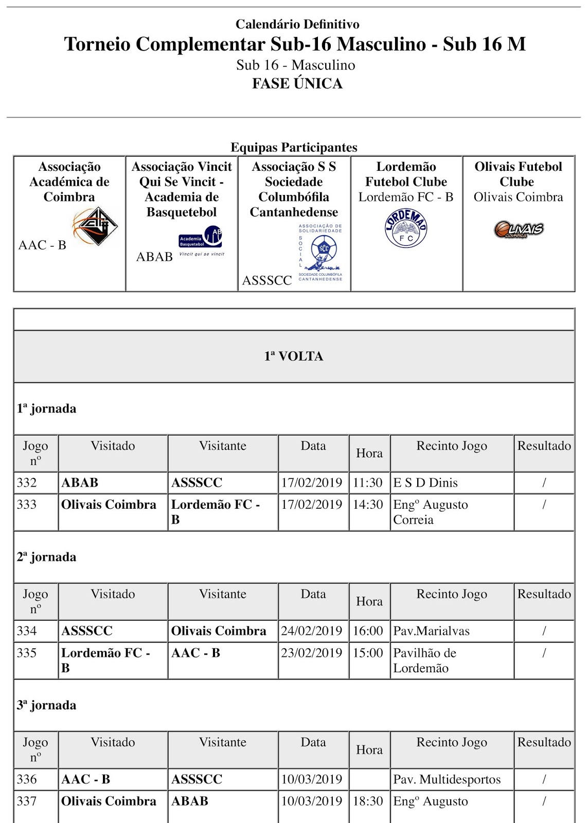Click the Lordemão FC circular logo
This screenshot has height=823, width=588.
406,228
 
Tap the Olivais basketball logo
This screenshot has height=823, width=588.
519,229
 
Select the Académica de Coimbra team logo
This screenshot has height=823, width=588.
95,226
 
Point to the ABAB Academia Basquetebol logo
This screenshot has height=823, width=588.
201,241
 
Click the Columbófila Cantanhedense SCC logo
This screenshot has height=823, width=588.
320,253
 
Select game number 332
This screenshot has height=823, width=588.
27,483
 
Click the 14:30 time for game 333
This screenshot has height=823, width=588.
368,505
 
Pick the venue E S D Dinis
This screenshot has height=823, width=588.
425,483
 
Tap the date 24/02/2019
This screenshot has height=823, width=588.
312,631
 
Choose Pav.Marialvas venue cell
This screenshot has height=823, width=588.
432,631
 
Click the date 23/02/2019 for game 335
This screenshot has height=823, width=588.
312,653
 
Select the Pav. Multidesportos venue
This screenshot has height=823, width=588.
447,780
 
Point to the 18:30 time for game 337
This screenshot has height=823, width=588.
368,801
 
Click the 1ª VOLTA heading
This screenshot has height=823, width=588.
294,356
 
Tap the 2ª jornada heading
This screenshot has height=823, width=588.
46,557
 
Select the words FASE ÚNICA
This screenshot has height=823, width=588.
297,83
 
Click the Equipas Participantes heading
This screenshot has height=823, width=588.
294,148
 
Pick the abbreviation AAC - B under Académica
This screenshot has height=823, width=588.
42,245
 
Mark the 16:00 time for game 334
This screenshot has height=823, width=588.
368,631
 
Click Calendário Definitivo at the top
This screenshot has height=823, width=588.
297,24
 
